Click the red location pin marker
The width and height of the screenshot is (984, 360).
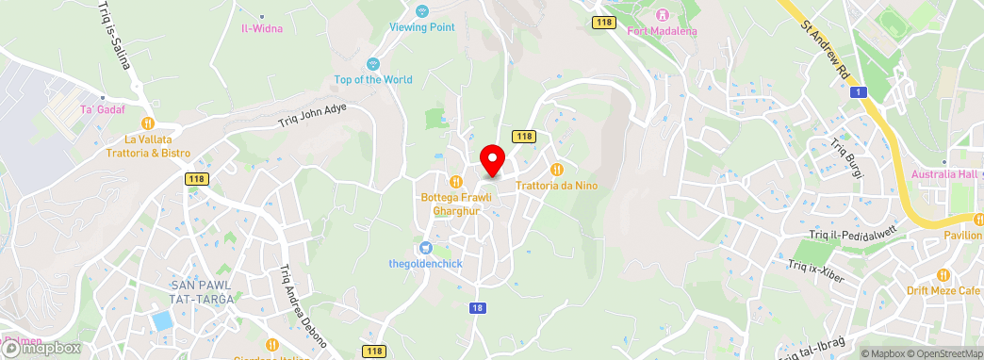491,159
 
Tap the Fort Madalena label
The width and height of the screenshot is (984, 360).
662,30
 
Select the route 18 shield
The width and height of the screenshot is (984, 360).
479,307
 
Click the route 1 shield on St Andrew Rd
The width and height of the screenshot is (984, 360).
858,91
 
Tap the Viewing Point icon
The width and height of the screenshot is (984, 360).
422,10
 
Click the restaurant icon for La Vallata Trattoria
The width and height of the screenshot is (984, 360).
148,123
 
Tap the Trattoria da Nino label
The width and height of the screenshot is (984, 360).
556,186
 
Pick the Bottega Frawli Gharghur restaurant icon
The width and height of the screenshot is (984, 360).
455,182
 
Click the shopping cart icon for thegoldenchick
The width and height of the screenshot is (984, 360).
426,248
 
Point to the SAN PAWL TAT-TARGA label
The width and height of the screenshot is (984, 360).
201,291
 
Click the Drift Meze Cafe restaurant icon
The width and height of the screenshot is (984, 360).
943,274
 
